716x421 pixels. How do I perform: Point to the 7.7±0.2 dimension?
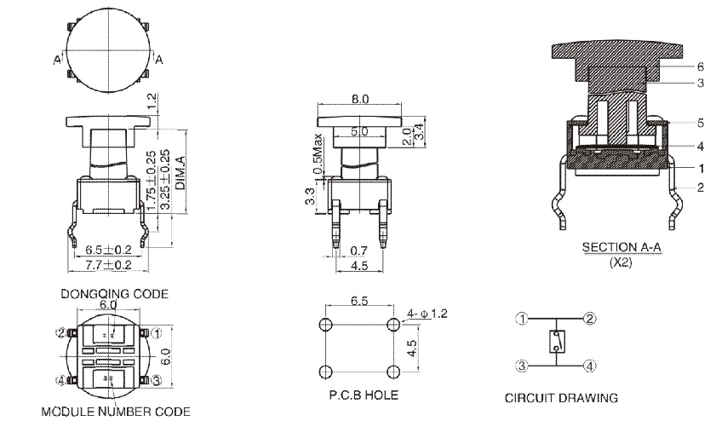point(107,266)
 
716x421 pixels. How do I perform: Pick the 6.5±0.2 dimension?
point(107,251)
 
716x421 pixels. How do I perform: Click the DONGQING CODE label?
point(114,293)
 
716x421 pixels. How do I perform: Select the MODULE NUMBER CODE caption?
point(115,412)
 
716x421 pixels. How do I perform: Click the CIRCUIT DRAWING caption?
point(562,397)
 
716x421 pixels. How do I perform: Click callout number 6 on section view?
point(700,66)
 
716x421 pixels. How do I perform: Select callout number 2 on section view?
point(700,187)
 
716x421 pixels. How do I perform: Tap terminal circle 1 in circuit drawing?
point(523,319)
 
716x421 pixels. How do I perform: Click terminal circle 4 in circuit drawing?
point(589,367)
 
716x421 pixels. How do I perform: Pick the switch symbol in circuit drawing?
point(556,343)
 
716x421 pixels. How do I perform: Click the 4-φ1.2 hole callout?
point(428,314)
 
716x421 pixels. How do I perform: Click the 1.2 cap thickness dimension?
point(152,101)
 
